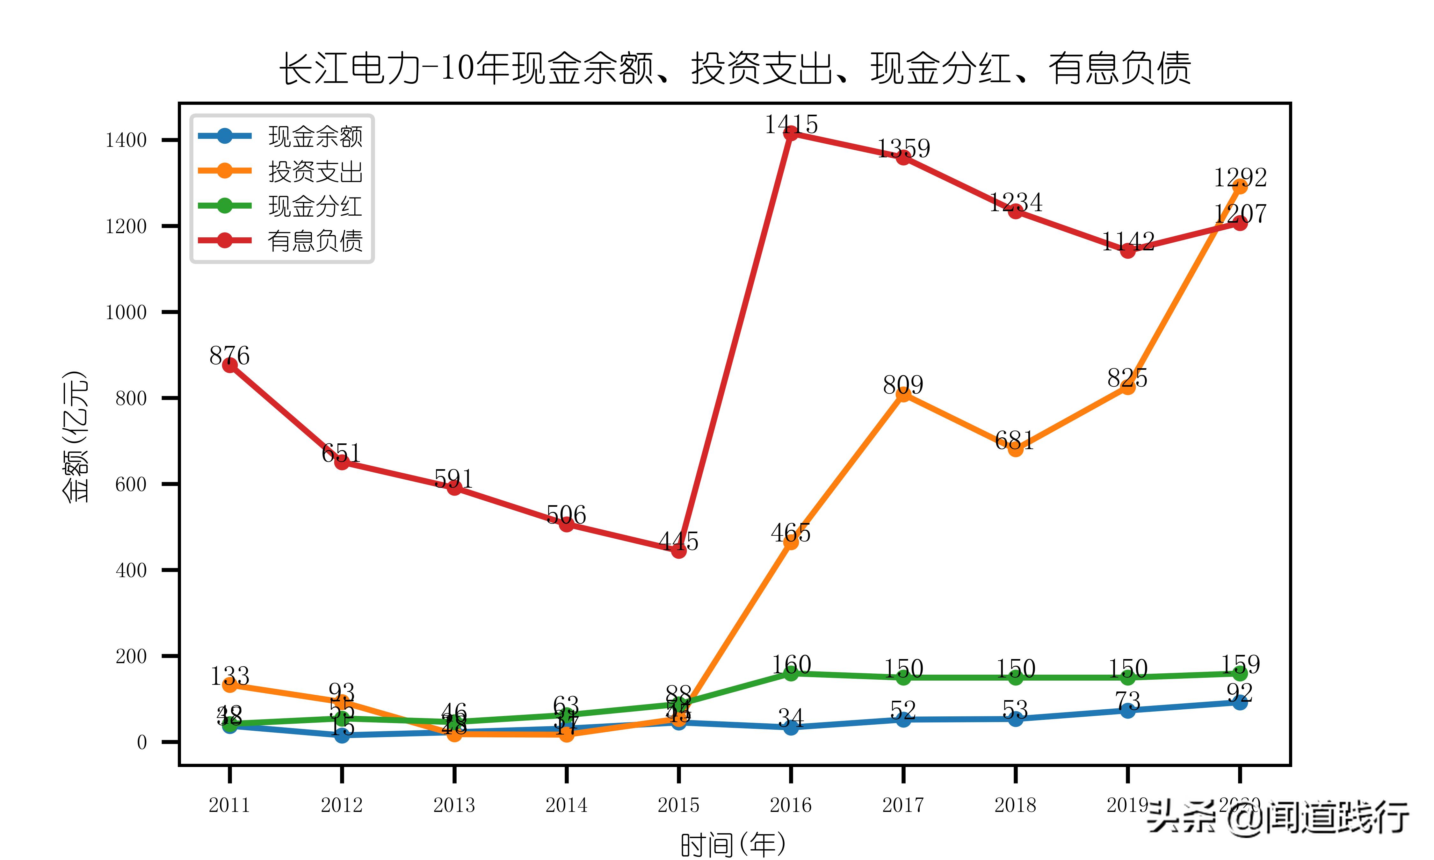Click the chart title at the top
click(735, 68)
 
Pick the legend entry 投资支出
click(315, 172)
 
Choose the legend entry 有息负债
click(315, 240)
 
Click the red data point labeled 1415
click(791, 133)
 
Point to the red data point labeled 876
click(229, 365)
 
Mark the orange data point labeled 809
click(903, 394)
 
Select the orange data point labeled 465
click(791, 542)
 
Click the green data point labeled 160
click(791, 673)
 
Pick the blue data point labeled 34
click(791, 727)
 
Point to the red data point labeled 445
click(679, 550)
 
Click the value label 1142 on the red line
click(1127, 241)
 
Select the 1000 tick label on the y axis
click(126, 312)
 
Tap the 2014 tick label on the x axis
click(566, 805)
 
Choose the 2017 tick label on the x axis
click(903, 805)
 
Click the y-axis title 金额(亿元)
click(75, 436)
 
